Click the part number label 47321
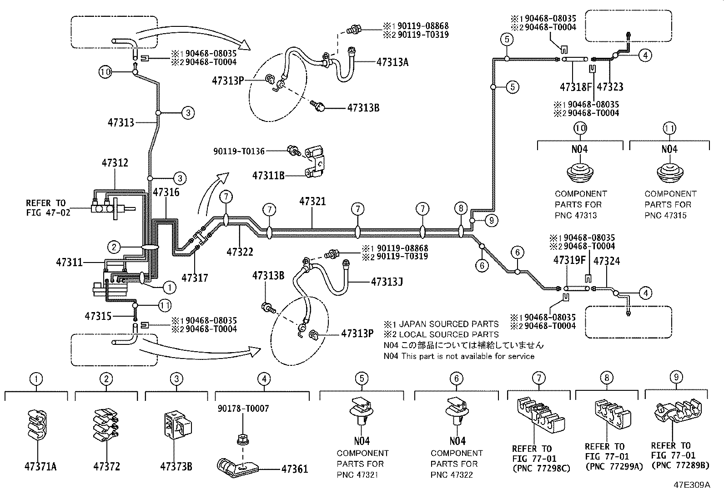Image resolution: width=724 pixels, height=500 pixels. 312,201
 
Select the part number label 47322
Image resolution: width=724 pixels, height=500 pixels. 240,252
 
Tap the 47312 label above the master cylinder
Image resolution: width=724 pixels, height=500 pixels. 115,163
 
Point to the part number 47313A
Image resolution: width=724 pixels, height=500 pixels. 392,63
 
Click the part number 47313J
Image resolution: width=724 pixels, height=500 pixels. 387,282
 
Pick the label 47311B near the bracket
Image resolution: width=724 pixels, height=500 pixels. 268,176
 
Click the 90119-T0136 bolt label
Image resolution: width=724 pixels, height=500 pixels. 239,151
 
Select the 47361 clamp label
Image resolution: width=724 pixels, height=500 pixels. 294,469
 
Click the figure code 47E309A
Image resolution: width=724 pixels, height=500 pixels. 692,485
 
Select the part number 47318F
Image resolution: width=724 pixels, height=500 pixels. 576,87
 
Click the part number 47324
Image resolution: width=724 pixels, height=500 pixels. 607,261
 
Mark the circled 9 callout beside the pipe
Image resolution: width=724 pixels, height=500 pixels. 491,221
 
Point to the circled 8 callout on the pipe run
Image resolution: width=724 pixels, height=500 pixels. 461,209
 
